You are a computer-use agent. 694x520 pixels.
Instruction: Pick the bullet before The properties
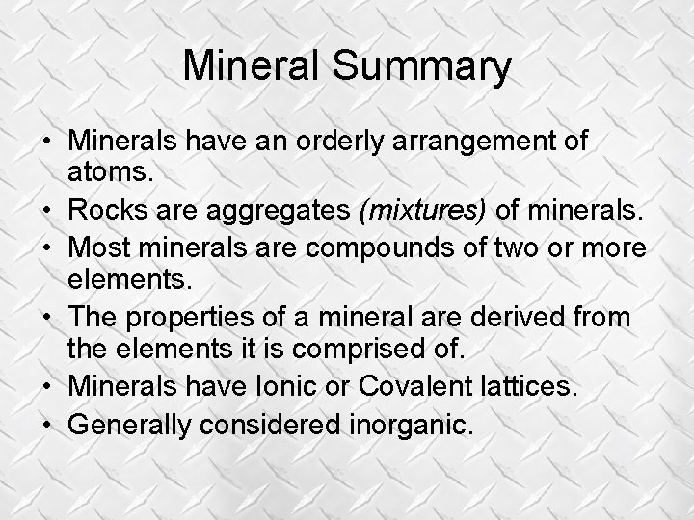[46, 315]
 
